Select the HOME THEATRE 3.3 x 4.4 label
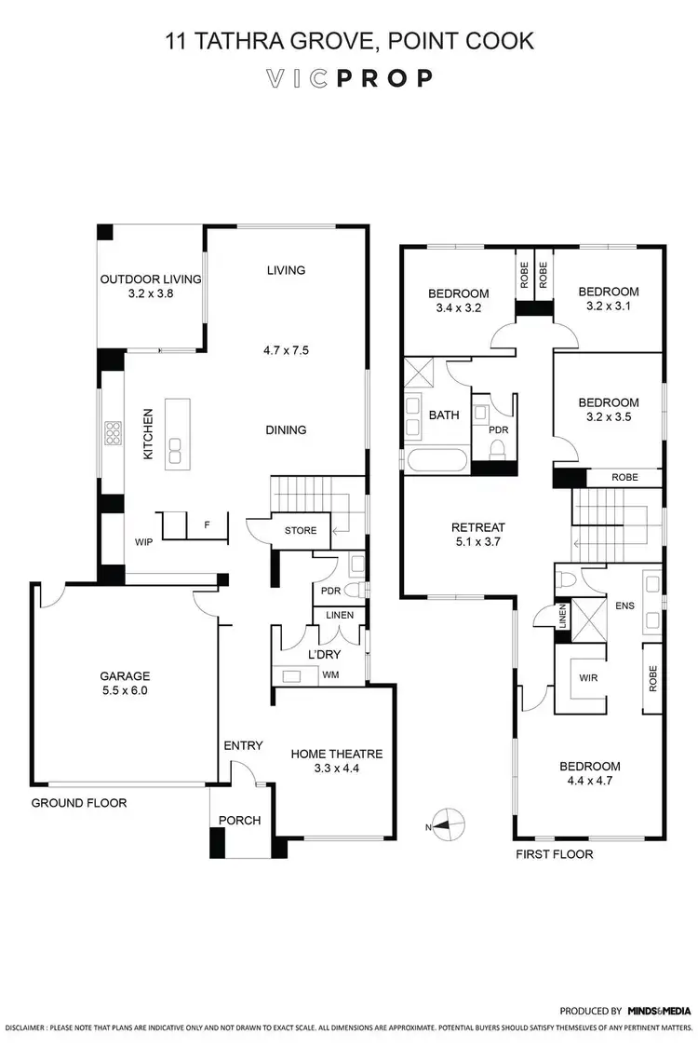[x=336, y=761]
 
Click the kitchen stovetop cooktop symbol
[x=114, y=434]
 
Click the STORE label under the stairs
[x=301, y=531]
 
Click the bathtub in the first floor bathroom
[x=436, y=460]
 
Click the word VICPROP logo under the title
[x=348, y=78]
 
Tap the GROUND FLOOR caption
[x=79, y=803]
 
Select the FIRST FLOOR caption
[x=554, y=853]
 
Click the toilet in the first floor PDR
[x=496, y=448]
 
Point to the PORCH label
[x=239, y=820]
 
